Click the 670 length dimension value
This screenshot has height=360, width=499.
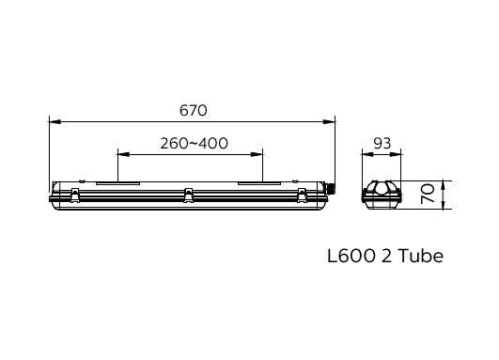pos(193,110)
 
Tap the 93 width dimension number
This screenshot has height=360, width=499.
pos(382,143)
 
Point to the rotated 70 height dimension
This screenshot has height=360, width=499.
pos(427,196)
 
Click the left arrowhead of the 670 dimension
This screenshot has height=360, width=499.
pos(54,121)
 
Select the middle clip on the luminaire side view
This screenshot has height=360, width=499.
pos(189,195)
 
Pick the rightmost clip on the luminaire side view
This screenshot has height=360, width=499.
pos(302,195)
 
